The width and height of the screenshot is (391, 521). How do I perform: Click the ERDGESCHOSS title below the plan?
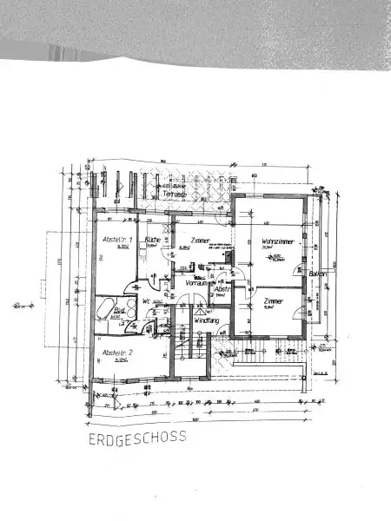click(x=136, y=439)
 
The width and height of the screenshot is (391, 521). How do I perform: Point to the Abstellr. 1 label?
click(x=118, y=239)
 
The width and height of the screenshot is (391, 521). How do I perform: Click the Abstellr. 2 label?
click(x=116, y=353)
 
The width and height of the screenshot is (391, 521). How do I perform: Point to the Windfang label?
click(x=206, y=320)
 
